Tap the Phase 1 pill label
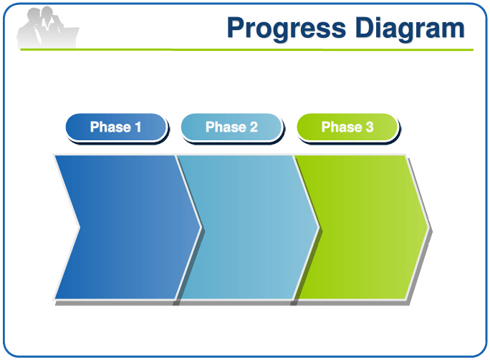pyautogui.click(x=116, y=127)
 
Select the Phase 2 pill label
pyautogui.click(x=231, y=127)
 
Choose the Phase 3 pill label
pyautogui.click(x=347, y=127)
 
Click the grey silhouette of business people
pyautogui.click(x=47, y=28)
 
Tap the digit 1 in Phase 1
pyautogui.click(x=138, y=127)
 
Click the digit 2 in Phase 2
pyautogui.click(x=254, y=127)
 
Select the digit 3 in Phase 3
pyautogui.click(x=370, y=127)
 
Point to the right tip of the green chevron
pyautogui.click(x=428, y=228)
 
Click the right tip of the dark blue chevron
pyautogui.click(x=201, y=228)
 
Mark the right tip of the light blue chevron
pyautogui.click(x=319, y=228)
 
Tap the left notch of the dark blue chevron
pyautogui.click(x=80, y=228)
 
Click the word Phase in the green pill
pyautogui.click(x=342, y=127)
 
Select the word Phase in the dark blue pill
pyautogui.click(x=110, y=127)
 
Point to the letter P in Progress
pyautogui.click(x=235, y=27)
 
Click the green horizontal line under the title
pyautogui.click(x=247, y=49)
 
